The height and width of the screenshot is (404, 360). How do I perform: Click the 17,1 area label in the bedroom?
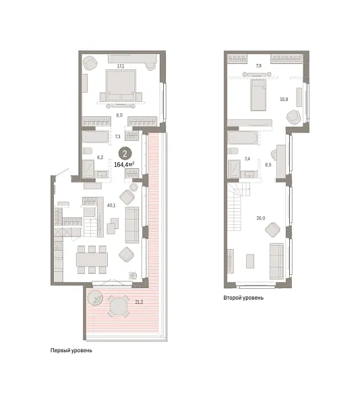(x=120, y=66)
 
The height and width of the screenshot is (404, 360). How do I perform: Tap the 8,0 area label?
(x=119, y=115)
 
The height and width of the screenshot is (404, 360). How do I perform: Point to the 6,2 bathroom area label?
(x=100, y=158)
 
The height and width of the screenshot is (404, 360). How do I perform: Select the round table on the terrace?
(x=119, y=307)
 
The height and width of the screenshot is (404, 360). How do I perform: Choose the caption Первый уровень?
(x=70, y=351)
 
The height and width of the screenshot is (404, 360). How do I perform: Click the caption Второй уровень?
(x=243, y=297)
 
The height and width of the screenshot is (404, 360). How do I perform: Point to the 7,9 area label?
(x=259, y=66)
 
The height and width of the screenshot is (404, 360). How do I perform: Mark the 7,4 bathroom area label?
(x=247, y=159)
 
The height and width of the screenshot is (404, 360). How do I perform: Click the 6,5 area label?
(x=268, y=164)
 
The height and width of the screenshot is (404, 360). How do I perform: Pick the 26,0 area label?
(x=260, y=217)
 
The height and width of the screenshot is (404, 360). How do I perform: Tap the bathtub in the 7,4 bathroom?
(x=241, y=138)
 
